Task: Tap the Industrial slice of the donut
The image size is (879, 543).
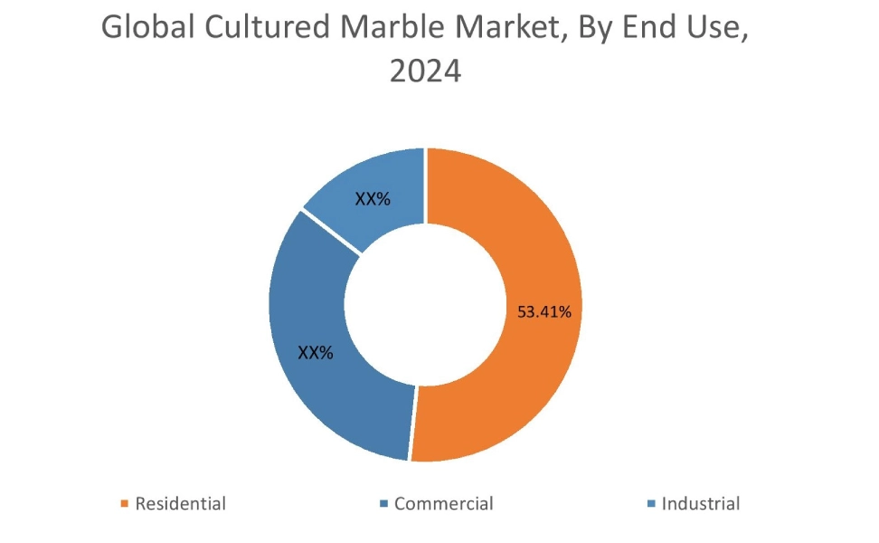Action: (x=375, y=195)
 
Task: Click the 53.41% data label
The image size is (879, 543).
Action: (x=543, y=312)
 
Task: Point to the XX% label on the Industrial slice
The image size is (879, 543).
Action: (x=373, y=199)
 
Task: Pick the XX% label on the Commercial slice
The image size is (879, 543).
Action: (x=316, y=353)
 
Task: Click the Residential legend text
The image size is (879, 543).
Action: (x=180, y=504)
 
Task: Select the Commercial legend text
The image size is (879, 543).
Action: (x=444, y=504)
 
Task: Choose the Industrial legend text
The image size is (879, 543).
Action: (x=701, y=504)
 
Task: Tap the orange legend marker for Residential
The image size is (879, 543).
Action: (x=125, y=504)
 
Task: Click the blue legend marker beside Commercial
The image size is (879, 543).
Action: (x=384, y=504)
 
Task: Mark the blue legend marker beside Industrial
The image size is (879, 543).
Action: (x=652, y=504)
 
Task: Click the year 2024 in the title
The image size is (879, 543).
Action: (x=425, y=71)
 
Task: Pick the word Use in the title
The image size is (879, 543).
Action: (x=716, y=27)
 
